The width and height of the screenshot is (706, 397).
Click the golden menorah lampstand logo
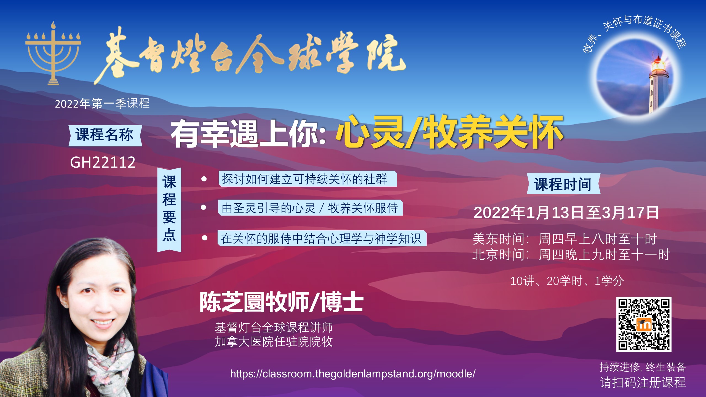(x=53, y=54)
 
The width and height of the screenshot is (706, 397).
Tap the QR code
(x=644, y=324)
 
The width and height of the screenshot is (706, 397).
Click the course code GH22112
(x=103, y=162)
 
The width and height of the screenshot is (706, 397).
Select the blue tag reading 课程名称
(x=105, y=135)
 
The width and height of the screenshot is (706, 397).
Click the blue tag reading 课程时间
(x=563, y=184)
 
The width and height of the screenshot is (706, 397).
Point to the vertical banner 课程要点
(x=169, y=210)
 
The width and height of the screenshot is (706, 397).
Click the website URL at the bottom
(x=353, y=374)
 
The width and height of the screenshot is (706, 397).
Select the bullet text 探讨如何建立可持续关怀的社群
(x=304, y=179)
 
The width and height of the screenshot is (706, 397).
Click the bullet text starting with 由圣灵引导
(x=310, y=208)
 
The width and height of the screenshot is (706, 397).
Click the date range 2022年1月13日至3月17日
(x=566, y=213)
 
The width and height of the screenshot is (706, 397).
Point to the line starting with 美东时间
(x=565, y=239)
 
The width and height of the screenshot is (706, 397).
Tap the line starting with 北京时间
(x=571, y=254)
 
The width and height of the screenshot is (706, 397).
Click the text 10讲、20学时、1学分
(x=567, y=281)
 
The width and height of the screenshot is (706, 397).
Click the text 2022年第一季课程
(x=102, y=104)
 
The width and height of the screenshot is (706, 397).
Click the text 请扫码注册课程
(x=643, y=382)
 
